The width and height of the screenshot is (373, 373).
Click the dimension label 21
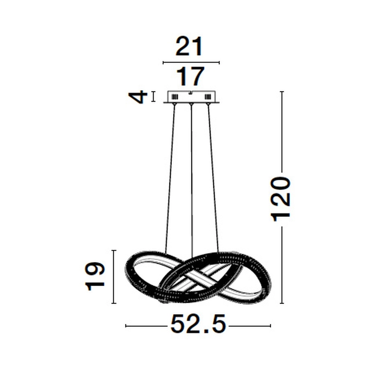(189, 47)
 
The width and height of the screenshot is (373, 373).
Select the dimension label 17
(191, 77)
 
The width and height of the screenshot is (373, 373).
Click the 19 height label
(94, 276)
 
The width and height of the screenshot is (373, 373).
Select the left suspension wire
(170, 175)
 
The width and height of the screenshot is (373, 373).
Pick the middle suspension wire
(191, 175)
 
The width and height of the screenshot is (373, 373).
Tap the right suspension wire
(213, 175)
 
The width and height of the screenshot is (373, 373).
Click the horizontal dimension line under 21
(191, 63)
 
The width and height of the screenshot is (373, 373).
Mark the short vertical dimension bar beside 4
(153, 97)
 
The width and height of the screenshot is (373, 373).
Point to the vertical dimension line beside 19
(114, 276)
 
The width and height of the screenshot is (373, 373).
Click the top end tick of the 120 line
(282, 91)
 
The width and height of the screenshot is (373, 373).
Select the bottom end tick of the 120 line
(282, 303)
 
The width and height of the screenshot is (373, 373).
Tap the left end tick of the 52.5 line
(126, 326)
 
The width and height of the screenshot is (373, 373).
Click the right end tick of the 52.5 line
(270, 326)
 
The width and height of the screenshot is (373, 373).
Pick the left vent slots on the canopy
(174, 97)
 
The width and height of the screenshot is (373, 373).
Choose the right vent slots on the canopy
(207, 97)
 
